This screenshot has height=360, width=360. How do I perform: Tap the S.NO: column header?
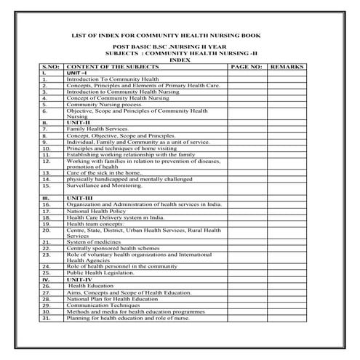[x=50, y=66]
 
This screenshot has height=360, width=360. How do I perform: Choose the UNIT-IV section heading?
[x=79, y=279]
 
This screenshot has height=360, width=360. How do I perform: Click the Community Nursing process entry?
[x=101, y=104]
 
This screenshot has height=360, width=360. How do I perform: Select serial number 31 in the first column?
[x=45, y=318]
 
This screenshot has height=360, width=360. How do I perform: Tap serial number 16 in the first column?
[x=45, y=204]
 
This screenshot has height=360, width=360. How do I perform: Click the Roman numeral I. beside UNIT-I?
[x=44, y=73]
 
